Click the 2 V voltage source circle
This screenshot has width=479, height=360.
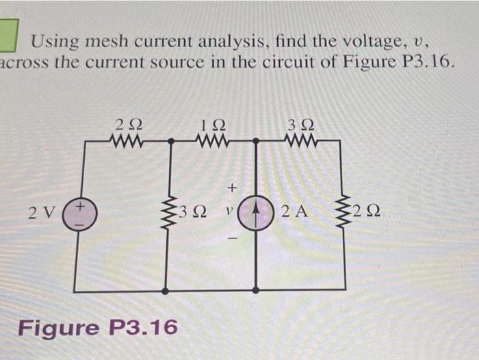click(x=81, y=212)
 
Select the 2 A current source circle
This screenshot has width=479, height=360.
click(x=256, y=213)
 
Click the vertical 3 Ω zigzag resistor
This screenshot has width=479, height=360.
click(x=167, y=212)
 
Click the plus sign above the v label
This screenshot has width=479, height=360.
click(x=231, y=185)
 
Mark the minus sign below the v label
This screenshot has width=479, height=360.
click(x=231, y=238)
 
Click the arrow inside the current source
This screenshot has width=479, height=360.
click(x=256, y=211)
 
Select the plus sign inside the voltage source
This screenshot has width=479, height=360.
click(x=80, y=205)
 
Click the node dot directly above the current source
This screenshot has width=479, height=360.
click(x=256, y=141)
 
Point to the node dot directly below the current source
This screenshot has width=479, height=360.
click(x=256, y=290)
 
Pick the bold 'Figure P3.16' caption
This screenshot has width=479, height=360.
click(x=97, y=327)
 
